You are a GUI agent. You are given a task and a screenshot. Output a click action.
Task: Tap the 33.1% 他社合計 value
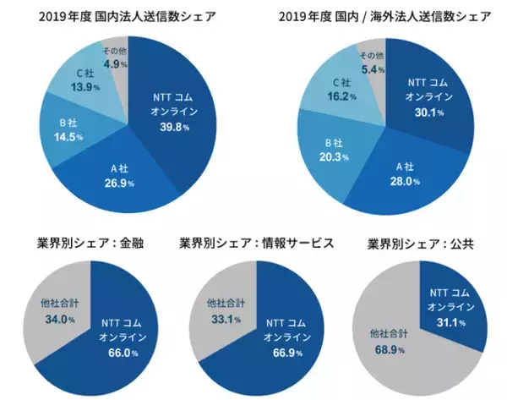tap(222, 319)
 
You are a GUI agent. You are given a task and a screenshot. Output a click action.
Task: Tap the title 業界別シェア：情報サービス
tap(257, 243)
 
